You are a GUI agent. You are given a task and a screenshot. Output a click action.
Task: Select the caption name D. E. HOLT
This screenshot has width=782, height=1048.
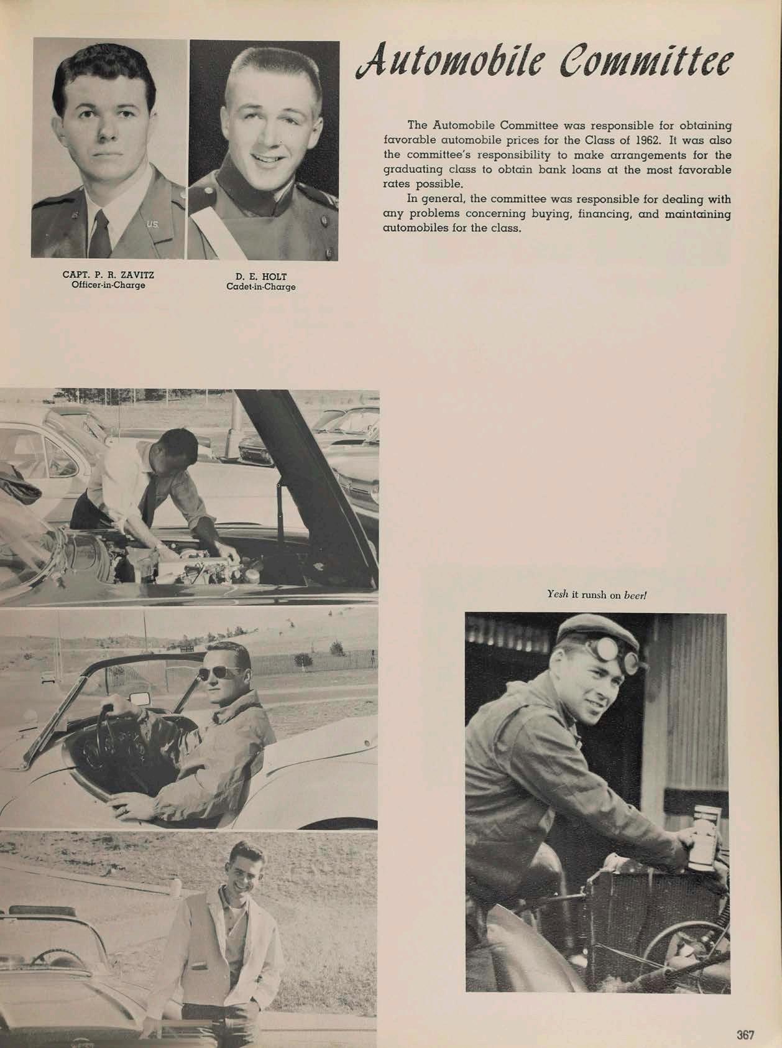260,277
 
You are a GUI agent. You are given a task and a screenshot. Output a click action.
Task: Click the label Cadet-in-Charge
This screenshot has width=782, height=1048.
260,287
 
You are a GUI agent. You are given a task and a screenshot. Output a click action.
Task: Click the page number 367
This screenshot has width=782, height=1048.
745,1018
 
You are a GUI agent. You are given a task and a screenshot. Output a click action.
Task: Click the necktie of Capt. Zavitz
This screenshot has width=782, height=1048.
99,233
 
